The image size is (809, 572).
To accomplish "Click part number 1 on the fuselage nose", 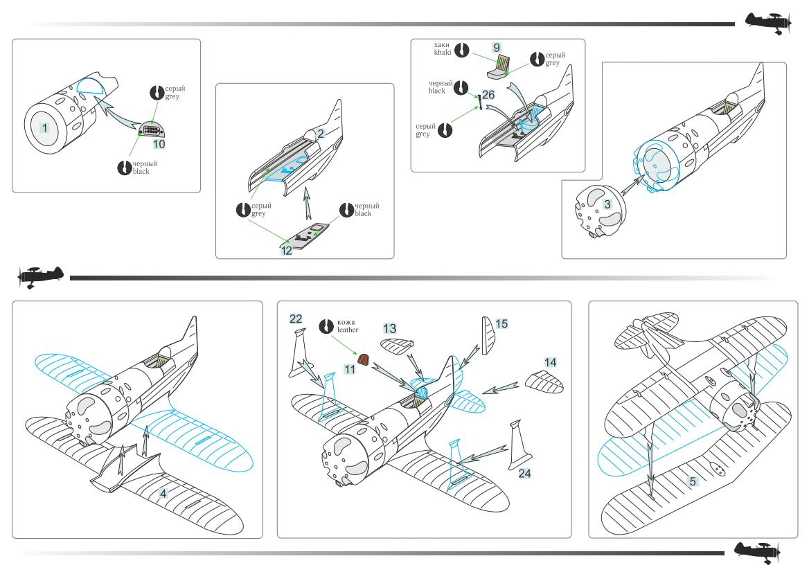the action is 45,128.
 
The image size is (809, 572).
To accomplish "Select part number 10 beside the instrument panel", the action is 159,144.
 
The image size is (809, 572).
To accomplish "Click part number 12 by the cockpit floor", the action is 286,250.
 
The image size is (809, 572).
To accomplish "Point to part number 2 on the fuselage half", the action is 321,134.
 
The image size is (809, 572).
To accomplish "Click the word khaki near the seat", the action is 442,52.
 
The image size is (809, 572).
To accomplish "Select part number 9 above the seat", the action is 497,48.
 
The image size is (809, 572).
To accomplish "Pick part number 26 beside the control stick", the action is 488,95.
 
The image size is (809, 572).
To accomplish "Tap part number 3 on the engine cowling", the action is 607,204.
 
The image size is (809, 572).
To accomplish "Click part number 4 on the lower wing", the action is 163,494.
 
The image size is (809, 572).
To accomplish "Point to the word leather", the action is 348,330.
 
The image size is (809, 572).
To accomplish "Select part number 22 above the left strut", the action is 296,319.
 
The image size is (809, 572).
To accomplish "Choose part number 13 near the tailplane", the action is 389,328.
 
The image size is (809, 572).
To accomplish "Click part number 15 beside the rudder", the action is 501,324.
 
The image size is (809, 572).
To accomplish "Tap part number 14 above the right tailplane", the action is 551,363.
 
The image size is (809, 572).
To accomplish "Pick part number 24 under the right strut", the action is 524,474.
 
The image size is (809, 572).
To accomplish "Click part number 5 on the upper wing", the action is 693,481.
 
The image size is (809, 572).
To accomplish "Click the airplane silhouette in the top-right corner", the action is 767,24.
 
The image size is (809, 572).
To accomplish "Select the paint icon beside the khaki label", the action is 462,50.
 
